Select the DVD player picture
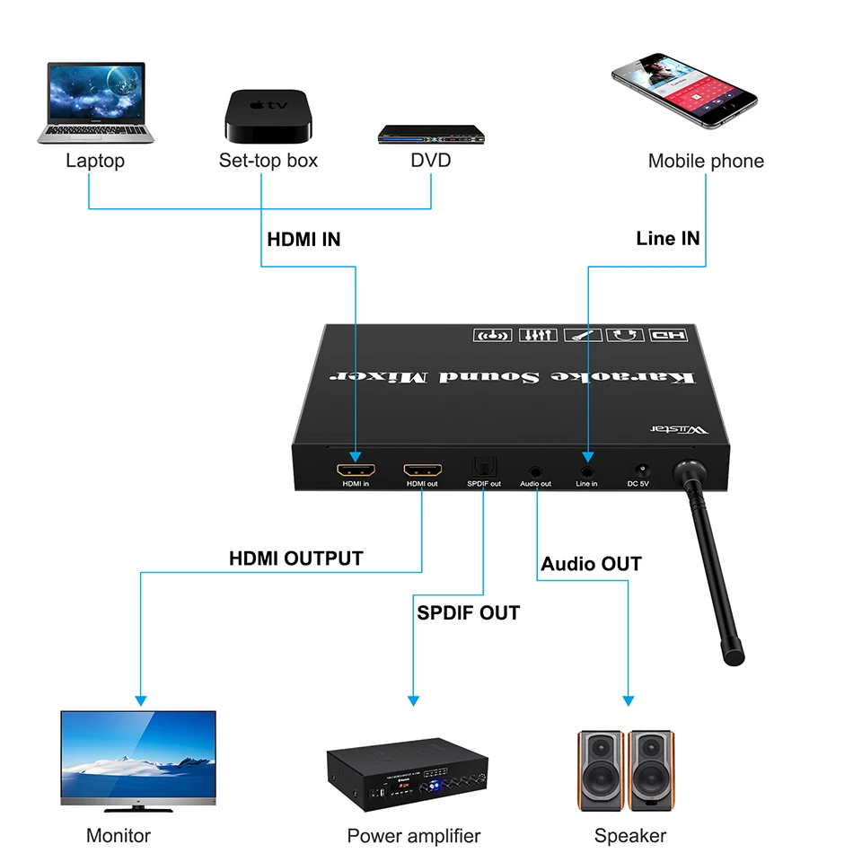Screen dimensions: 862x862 tap(431, 136)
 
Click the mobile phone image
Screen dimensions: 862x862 tap(685, 91)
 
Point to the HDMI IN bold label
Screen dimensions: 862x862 tap(303, 240)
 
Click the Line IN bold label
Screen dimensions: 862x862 tap(667, 238)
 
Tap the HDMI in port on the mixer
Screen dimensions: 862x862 tap(356, 470)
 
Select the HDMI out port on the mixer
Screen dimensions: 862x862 tap(422, 470)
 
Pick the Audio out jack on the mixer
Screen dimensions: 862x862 tap(536, 470)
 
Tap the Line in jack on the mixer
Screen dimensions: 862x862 tap(587, 470)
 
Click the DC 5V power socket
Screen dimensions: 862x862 tap(641, 470)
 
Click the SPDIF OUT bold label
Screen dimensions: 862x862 tap(468, 613)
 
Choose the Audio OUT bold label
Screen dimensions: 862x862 tap(591, 564)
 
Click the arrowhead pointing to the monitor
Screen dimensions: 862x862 tap(139, 699)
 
